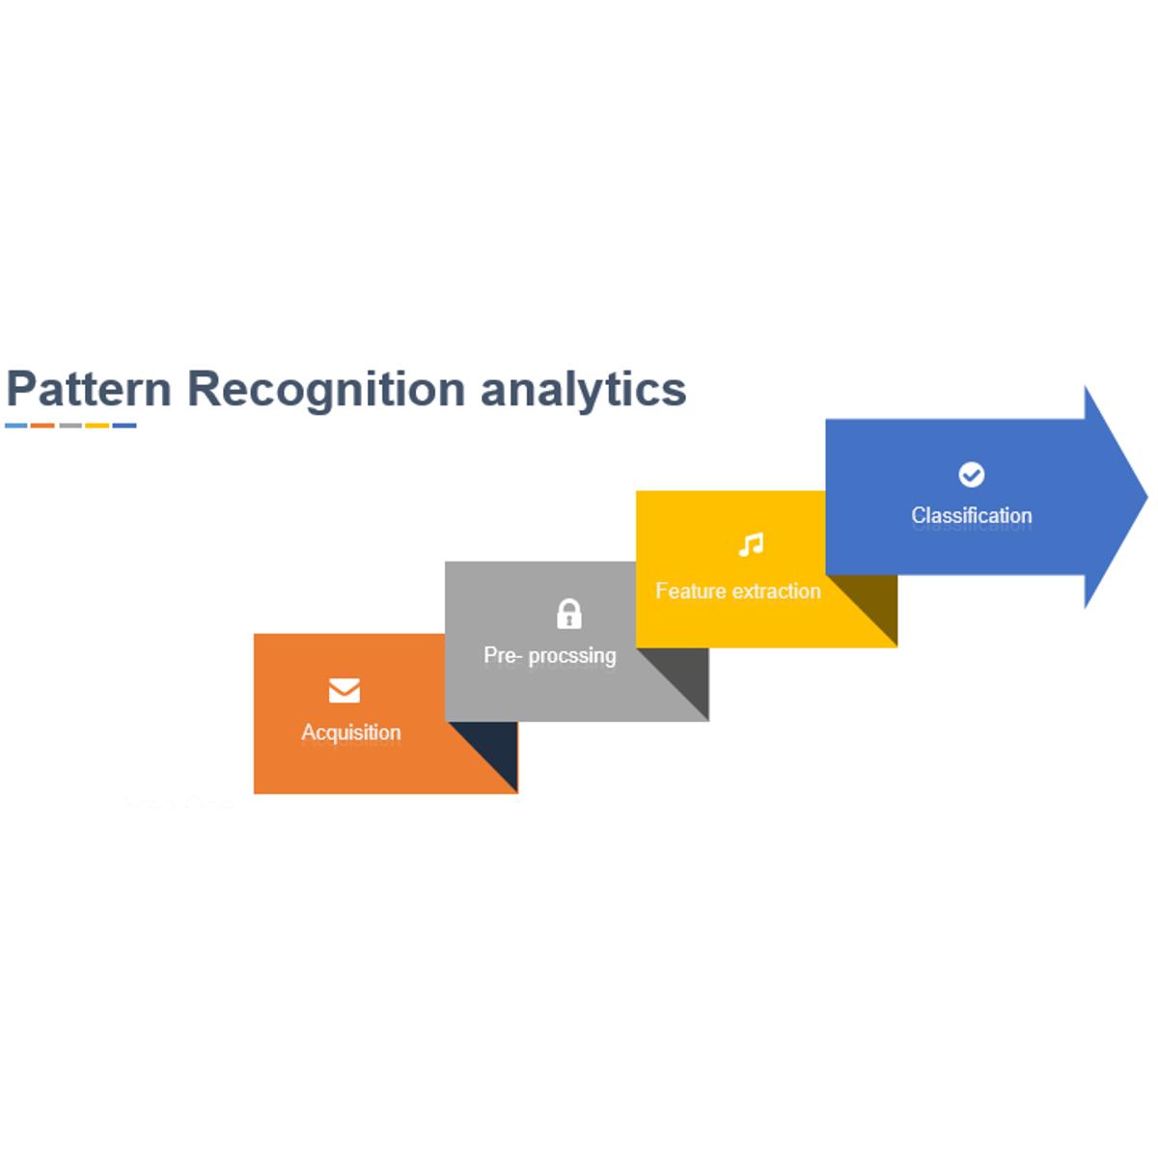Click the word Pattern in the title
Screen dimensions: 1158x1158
pyautogui.click(x=89, y=389)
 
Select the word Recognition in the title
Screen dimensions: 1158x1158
pyautogui.click(x=326, y=391)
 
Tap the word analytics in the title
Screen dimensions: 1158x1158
pyautogui.click(x=583, y=391)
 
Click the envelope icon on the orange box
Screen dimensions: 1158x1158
pyautogui.click(x=345, y=691)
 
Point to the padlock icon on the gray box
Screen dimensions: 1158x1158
pyautogui.click(x=568, y=614)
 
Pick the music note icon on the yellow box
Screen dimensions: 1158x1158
pyautogui.click(x=751, y=544)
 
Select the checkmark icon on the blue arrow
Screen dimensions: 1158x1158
pyautogui.click(x=971, y=475)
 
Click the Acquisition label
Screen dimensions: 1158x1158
pyautogui.click(x=351, y=733)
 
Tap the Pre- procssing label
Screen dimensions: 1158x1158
pyautogui.click(x=550, y=655)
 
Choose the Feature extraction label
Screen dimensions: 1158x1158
pyautogui.click(x=738, y=592)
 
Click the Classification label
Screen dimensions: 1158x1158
pyautogui.click(x=972, y=515)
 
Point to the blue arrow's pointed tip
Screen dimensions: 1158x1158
pyautogui.click(x=1147, y=497)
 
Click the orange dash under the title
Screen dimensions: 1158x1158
pyautogui.click(x=42, y=426)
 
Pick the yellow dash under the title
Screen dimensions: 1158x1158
pyautogui.click(x=96, y=426)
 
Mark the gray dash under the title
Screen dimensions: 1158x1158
pyautogui.click(x=70, y=426)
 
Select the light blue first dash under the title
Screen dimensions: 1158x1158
pyautogui.click(x=16, y=426)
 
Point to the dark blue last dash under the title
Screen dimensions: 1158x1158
pyautogui.click(x=124, y=426)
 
